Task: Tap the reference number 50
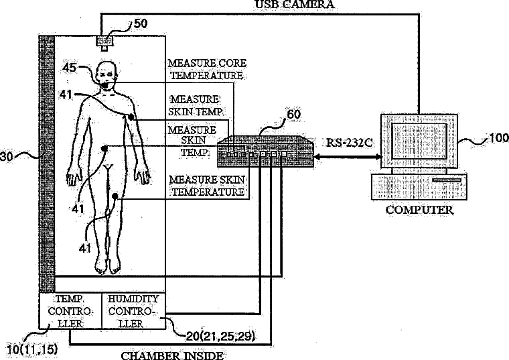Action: (141, 24)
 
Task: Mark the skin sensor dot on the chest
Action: (131, 117)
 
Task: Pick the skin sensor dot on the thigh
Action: (117, 196)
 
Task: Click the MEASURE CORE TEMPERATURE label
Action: (207, 70)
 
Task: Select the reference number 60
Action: (293, 114)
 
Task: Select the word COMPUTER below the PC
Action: (419, 210)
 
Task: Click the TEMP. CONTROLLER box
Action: (69, 311)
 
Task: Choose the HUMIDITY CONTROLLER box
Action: (132, 311)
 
